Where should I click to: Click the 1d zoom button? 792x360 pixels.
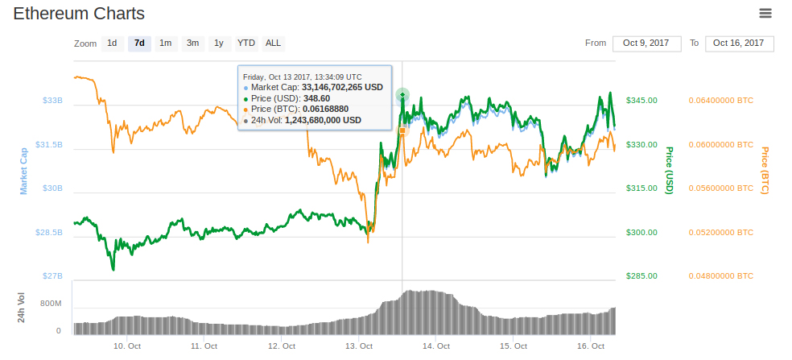click(112, 43)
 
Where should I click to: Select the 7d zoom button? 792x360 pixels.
click(139, 43)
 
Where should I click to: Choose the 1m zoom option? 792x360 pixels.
click(165, 43)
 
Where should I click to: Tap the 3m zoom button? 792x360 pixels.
click(193, 43)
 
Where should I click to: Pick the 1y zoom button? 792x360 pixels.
click(218, 43)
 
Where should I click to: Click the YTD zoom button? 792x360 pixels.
click(246, 43)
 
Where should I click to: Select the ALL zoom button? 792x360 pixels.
click(273, 43)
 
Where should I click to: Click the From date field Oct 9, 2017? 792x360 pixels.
click(647, 43)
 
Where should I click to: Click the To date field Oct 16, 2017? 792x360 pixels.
click(739, 43)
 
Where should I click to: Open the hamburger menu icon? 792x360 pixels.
click(765, 13)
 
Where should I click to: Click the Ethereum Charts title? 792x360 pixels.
click(79, 14)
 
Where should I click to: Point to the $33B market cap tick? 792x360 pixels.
click(52, 101)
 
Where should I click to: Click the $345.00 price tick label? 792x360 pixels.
click(641, 101)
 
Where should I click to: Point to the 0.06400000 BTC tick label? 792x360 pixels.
click(721, 101)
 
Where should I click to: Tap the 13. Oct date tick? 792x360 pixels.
click(359, 346)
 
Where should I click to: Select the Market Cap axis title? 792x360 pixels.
click(24, 170)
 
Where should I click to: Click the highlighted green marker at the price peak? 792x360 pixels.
click(402, 96)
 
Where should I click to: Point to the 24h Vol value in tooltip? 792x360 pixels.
click(323, 120)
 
